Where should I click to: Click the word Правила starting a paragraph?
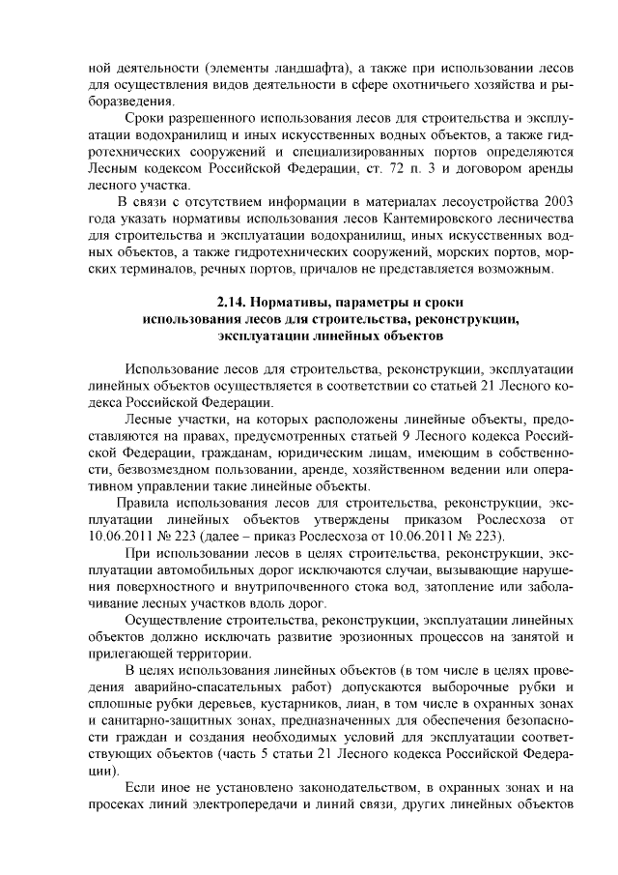(x=141, y=503)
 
